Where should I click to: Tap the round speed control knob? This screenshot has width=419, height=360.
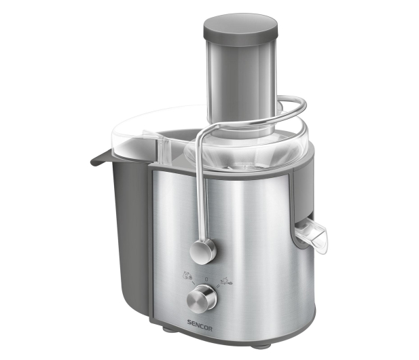click(202, 298)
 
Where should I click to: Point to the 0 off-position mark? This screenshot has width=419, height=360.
click(206, 279)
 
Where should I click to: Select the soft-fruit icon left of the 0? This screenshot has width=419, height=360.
click(187, 275)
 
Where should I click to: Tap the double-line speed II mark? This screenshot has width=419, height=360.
click(218, 286)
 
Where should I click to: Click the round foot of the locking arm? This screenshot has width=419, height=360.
click(203, 251)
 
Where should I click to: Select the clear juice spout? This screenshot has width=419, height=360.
click(311, 234)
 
